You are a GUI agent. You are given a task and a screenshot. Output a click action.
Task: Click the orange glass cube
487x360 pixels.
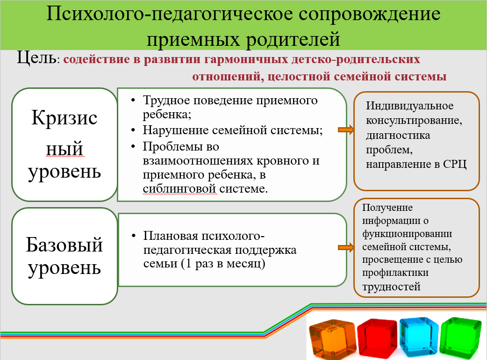[x=332, y=339]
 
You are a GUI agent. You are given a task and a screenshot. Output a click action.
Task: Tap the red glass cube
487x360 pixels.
[x=377, y=338]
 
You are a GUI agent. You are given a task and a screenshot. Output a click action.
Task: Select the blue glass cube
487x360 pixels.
[x=419, y=337]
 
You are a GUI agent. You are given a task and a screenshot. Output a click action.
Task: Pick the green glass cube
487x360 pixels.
[x=461, y=337]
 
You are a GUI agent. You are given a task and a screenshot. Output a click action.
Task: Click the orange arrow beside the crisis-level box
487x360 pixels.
[x=346, y=130]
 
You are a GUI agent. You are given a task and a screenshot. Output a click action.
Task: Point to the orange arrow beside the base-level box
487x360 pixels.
[x=346, y=247]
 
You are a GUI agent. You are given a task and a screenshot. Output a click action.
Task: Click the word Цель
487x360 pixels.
[x=36, y=58]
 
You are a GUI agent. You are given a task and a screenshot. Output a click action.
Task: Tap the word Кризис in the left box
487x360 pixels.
[x=64, y=118]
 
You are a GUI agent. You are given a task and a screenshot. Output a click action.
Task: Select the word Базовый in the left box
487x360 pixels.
[x=64, y=245]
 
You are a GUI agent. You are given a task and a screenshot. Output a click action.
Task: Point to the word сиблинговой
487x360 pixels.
[x=179, y=188]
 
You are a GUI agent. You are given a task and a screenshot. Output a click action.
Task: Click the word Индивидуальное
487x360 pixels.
[x=410, y=106]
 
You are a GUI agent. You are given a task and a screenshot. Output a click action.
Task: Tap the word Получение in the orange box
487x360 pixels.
[x=387, y=208]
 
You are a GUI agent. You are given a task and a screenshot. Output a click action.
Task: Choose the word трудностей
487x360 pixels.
[x=391, y=287]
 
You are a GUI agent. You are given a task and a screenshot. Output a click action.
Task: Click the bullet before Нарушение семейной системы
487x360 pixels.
[x=133, y=130]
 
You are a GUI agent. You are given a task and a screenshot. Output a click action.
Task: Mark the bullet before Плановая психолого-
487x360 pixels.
[x=134, y=236]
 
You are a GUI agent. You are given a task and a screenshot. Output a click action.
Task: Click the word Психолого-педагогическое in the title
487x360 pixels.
[x=170, y=14]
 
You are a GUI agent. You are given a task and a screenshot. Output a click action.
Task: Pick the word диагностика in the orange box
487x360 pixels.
[x=398, y=136]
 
